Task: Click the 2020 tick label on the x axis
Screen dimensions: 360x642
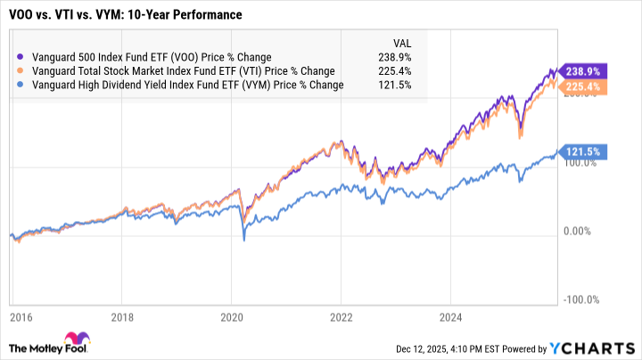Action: pyautogui.click(x=232, y=316)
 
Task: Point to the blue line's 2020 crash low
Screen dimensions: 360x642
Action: pyautogui.click(x=243, y=239)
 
